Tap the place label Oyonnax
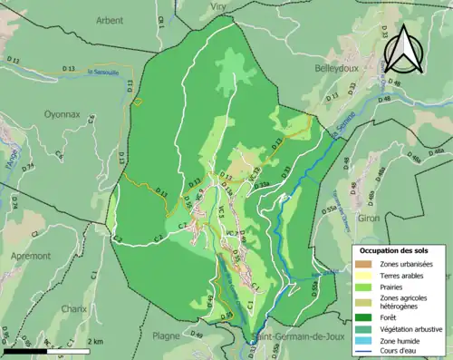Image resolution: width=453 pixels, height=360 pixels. click(63, 114)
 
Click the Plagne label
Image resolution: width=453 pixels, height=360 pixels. click(166, 336)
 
